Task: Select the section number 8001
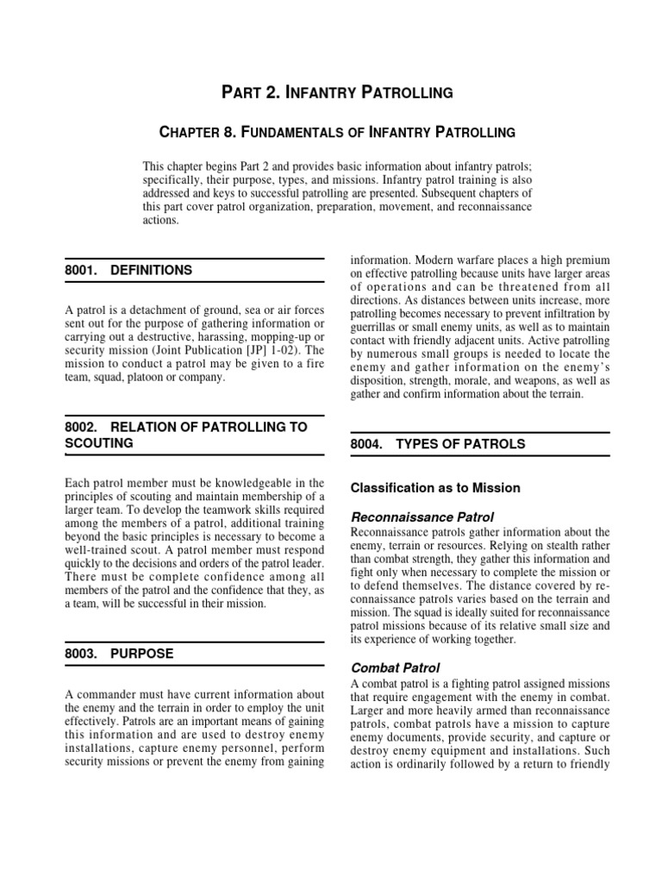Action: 81,270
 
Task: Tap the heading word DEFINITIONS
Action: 152,270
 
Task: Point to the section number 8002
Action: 81,428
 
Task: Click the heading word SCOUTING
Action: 99,443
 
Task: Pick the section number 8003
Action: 81,654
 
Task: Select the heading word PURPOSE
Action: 142,654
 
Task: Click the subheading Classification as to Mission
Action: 435,488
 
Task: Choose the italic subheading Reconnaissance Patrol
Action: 422,517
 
